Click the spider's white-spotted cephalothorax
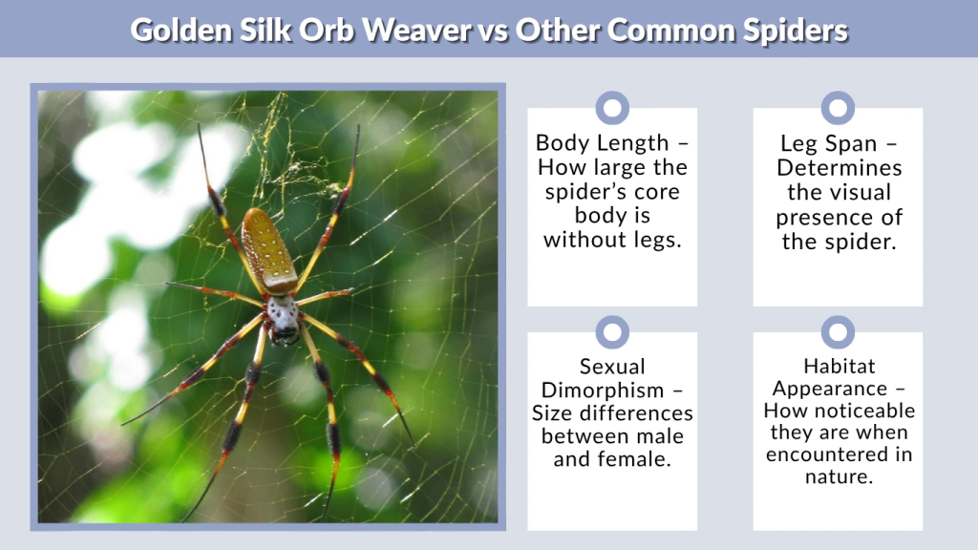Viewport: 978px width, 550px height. tap(282, 313)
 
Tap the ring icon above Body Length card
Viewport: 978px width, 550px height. tap(612, 108)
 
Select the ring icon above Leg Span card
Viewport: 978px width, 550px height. tap(838, 108)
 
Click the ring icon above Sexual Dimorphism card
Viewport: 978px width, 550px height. tap(612, 332)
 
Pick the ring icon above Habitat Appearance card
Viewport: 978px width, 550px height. tap(838, 332)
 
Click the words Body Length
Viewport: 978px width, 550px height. tap(602, 143)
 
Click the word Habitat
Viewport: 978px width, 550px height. tap(838, 367)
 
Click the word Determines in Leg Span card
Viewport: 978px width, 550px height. tap(838, 168)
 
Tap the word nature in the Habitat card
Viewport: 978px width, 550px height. tap(838, 476)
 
